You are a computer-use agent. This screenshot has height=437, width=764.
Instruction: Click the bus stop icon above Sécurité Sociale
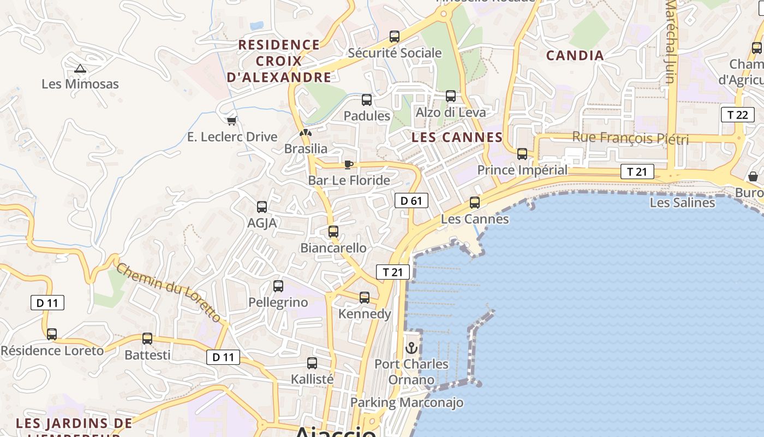pos(395,37)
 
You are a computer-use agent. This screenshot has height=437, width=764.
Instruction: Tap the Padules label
pos(367,116)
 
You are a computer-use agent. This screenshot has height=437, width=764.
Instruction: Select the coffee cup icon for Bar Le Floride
pos(349,164)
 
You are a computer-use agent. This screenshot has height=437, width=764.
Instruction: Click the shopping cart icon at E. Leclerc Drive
pos(231,121)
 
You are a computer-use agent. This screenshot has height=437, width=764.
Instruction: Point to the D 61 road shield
pos(411,200)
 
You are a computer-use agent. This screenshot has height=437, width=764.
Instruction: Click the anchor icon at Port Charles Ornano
pos(411,347)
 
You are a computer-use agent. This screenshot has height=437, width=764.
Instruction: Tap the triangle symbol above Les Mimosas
pos(80,69)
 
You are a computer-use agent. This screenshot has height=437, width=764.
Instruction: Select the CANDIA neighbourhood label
pos(575,55)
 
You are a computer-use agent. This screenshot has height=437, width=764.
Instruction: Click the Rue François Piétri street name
pos(630,138)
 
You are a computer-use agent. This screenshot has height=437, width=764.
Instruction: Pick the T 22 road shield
pos(737,115)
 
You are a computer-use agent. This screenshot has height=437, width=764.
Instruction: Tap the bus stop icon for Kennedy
pos(365,298)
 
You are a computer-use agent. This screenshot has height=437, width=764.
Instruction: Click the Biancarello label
pos(333,248)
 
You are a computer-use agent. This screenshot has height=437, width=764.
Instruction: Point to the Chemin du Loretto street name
pos(169,292)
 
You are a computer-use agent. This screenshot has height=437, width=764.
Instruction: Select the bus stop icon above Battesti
pos(147,339)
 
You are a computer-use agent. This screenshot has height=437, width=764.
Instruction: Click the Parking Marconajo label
pos(407,403)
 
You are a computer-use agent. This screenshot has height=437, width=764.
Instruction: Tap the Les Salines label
pos(682,203)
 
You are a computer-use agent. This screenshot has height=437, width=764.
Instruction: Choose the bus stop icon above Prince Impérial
pos(522,154)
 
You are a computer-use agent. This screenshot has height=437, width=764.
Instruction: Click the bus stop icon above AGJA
pos(262,207)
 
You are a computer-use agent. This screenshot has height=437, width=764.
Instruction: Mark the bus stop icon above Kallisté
pos(312,363)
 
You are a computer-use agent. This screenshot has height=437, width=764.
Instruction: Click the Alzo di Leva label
pos(451,112)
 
